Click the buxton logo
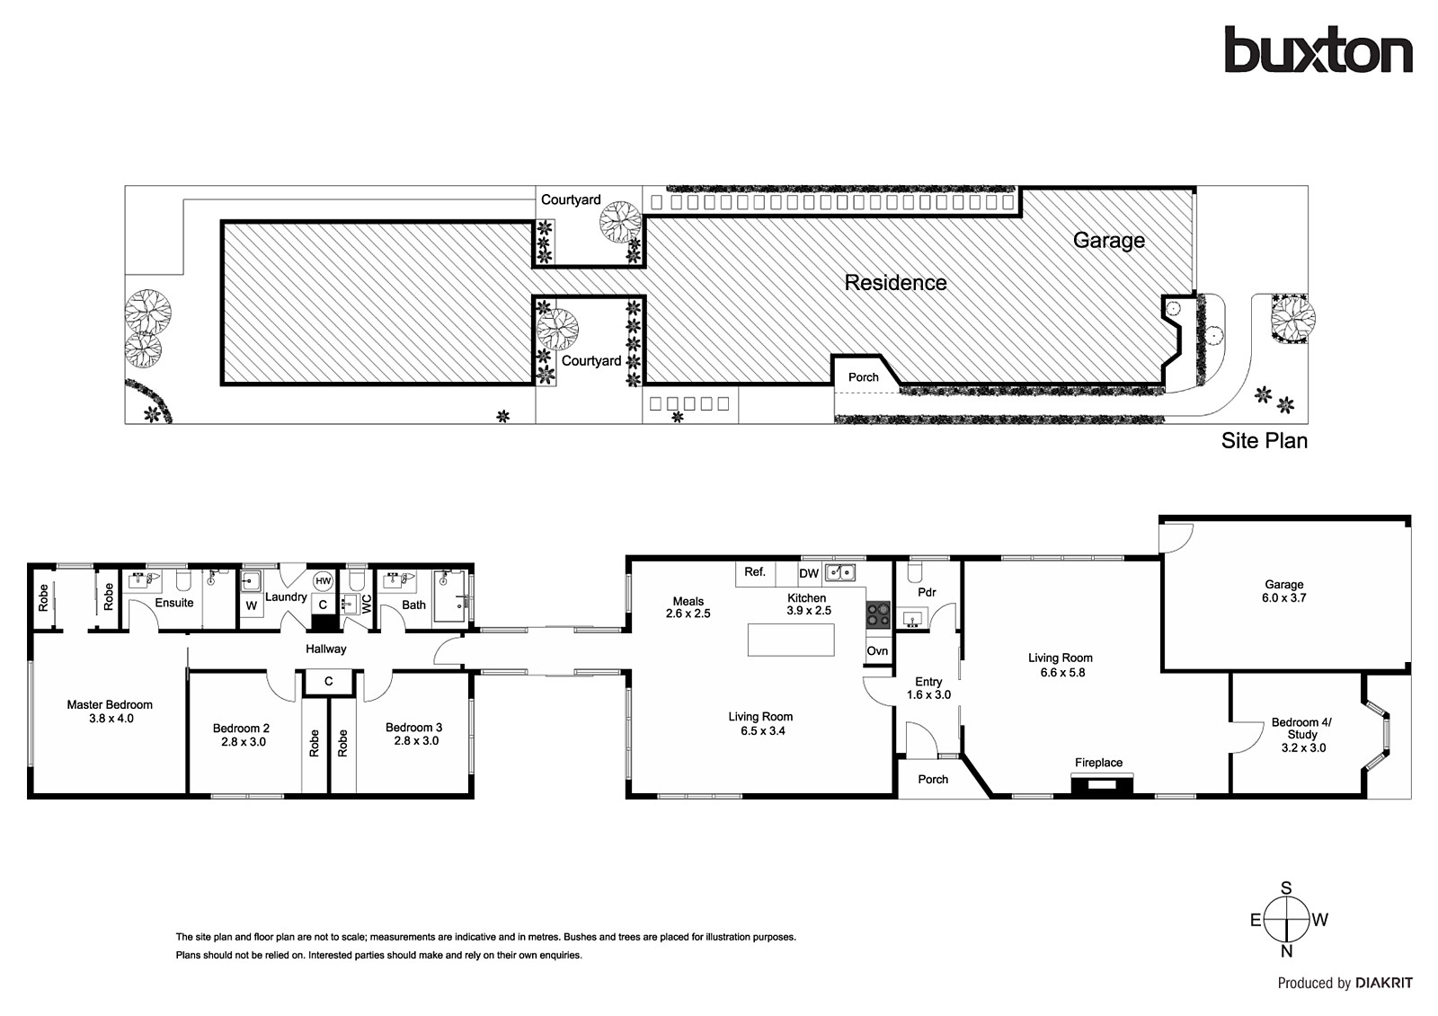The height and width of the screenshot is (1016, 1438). (1318, 49)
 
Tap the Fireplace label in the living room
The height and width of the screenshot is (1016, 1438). (1098, 763)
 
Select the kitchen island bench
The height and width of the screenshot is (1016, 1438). (791, 640)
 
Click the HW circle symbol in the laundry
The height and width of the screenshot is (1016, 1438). (323, 581)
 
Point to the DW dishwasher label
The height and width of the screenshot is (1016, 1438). (809, 574)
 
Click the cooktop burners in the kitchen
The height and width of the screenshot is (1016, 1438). (877, 614)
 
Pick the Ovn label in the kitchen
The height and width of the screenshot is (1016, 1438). (877, 650)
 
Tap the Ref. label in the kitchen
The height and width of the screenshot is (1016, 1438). (755, 571)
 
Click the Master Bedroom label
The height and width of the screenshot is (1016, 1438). (110, 704)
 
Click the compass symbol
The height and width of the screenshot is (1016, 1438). (1286, 920)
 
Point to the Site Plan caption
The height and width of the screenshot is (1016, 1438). (1264, 441)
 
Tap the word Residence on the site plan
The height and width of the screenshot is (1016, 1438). (895, 283)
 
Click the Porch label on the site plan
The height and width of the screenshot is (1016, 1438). (864, 377)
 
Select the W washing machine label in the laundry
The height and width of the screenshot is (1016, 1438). (252, 605)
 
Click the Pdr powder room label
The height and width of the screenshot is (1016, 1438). (927, 592)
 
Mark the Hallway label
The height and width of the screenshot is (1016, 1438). (325, 649)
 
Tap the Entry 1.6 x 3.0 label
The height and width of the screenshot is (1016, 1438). (928, 688)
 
